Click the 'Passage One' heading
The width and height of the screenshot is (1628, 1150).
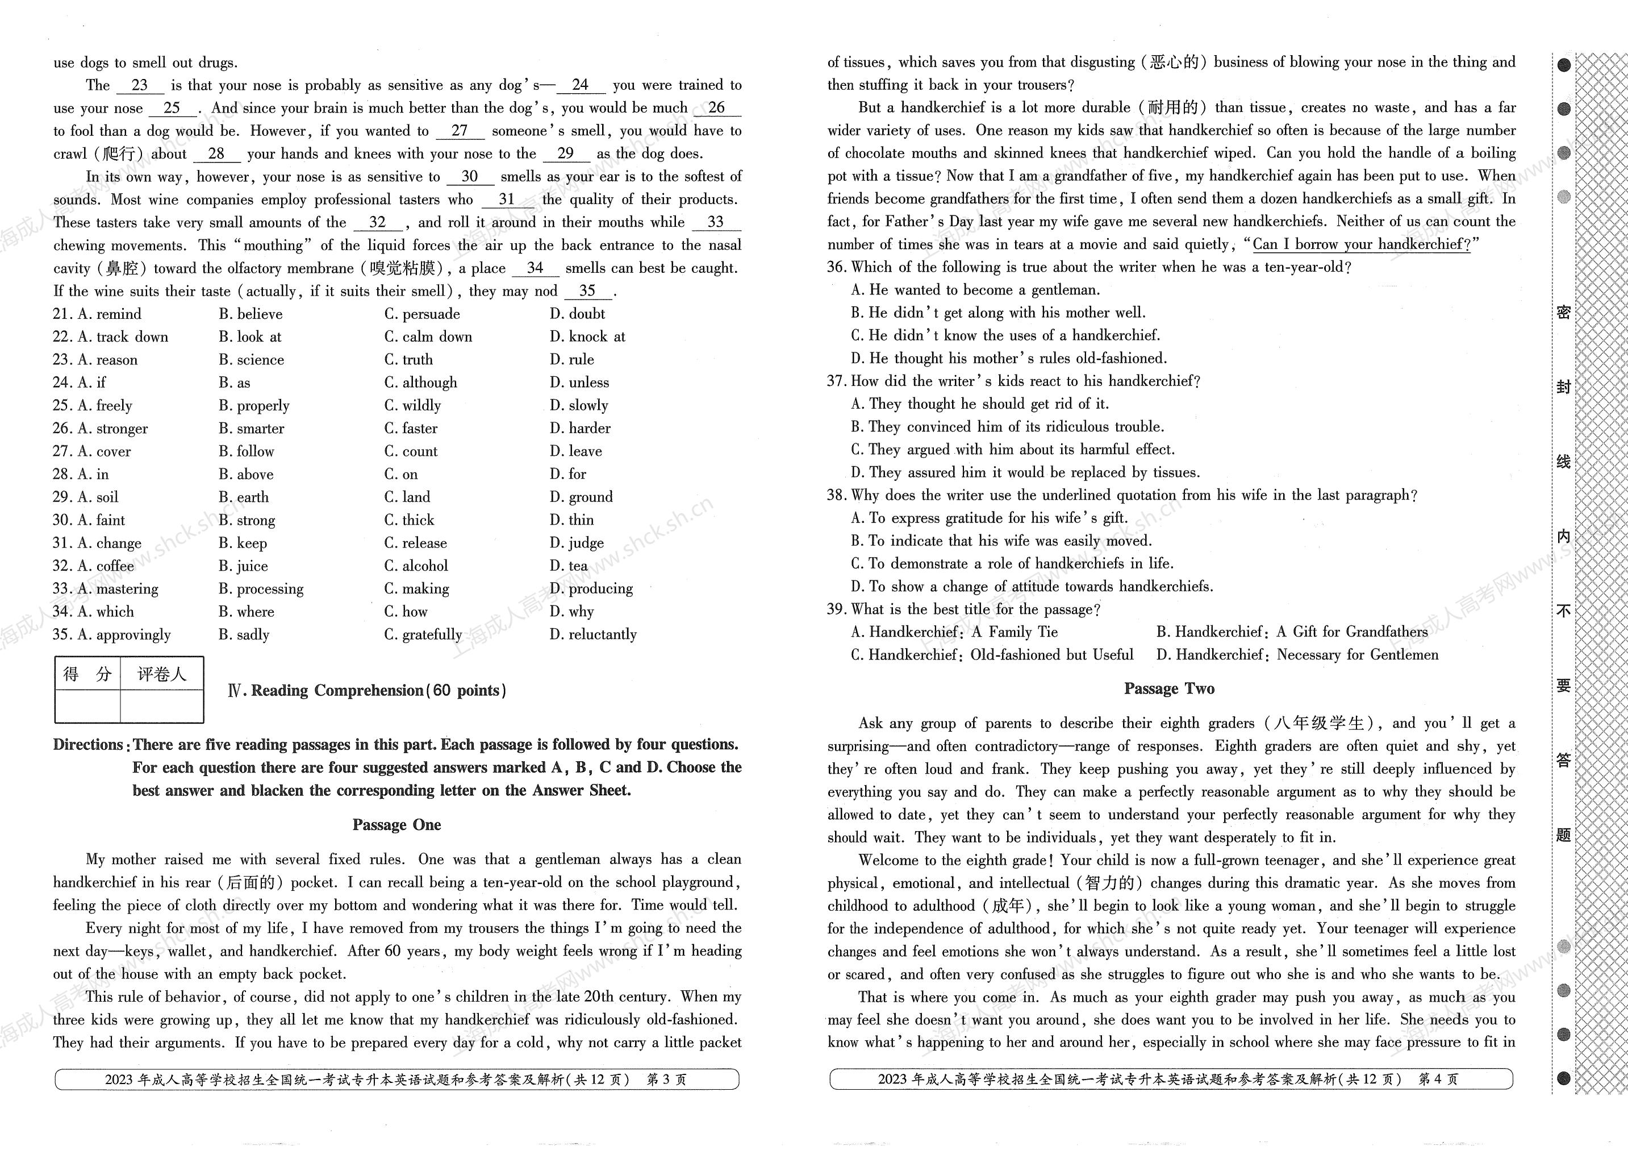click(396, 824)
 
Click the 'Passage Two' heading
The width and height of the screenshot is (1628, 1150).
click(1169, 688)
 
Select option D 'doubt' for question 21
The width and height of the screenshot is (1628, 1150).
click(577, 314)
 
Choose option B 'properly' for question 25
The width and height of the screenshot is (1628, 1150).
click(254, 405)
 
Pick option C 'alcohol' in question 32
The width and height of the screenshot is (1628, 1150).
click(416, 566)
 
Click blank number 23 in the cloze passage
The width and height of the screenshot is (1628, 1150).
click(140, 85)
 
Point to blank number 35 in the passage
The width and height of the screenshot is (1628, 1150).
click(587, 291)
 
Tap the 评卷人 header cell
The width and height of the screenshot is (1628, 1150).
click(162, 674)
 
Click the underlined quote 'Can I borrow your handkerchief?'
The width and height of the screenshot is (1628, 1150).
click(1362, 244)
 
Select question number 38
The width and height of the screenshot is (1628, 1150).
click(837, 495)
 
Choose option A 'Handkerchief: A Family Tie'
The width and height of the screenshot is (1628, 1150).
click(954, 632)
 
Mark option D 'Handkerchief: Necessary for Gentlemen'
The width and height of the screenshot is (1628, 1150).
click(1297, 655)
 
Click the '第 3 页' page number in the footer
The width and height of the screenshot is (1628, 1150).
click(666, 1080)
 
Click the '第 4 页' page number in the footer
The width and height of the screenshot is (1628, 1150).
click(1438, 1079)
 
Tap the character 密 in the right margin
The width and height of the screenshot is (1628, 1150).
click(1563, 312)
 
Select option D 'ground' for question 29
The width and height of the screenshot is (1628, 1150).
click(582, 497)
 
